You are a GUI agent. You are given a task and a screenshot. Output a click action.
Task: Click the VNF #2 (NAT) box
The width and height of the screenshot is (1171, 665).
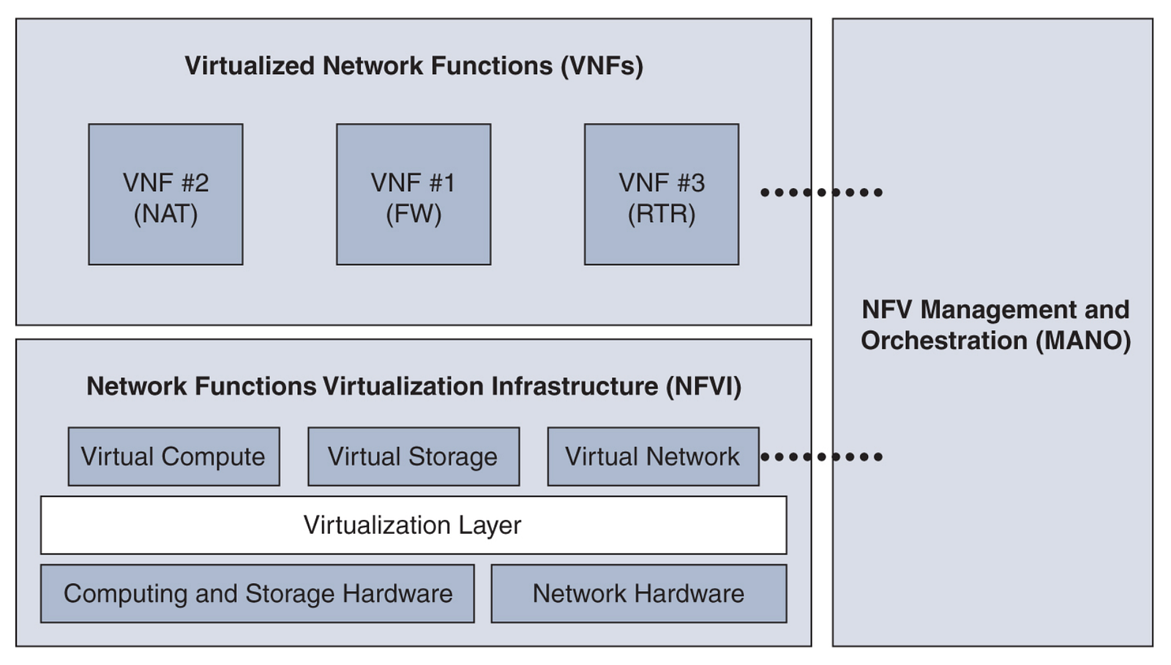165,194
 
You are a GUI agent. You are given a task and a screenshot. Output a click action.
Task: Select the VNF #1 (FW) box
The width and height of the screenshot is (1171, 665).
414,194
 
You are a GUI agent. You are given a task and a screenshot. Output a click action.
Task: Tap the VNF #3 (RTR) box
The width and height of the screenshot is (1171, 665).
661,194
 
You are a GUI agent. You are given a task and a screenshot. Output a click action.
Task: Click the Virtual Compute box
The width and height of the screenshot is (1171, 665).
173,456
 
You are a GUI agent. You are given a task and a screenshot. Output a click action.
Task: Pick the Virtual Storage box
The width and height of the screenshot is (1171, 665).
414,456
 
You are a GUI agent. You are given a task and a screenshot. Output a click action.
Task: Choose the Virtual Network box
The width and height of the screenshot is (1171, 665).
653,456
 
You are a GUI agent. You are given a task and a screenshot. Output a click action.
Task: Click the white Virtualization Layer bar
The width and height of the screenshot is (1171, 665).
414,525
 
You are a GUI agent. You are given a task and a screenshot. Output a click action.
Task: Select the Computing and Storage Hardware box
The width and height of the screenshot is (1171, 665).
257,593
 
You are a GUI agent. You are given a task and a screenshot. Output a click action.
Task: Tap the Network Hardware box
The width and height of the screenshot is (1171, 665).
638,593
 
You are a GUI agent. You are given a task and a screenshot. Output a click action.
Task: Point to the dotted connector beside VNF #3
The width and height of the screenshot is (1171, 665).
821,193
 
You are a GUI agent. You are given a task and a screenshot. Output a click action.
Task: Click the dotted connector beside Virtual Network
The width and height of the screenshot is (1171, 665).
821,457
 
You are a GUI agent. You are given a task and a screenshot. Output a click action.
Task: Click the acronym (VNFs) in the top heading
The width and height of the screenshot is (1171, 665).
602,66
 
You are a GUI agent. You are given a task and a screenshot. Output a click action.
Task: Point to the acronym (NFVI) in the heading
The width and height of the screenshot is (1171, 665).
703,386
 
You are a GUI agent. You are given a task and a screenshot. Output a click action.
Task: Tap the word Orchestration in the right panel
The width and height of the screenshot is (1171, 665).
944,341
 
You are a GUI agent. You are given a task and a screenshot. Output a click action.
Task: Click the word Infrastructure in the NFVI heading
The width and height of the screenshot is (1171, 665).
575,386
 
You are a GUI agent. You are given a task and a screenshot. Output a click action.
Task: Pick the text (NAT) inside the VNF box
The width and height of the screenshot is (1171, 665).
165,214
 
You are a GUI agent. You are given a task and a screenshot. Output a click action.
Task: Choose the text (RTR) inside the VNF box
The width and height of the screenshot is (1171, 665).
661,214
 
